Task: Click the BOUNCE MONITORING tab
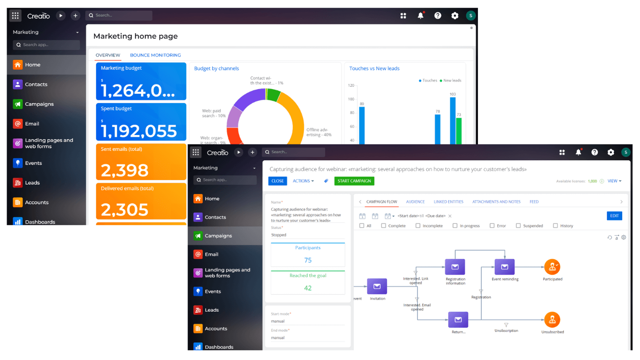[155, 55]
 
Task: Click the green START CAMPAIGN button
[354, 181]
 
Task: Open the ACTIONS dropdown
[303, 181]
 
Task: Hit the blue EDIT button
[614, 216]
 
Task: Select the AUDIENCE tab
[415, 202]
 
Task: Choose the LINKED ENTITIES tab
[448, 202]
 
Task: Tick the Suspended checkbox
[518, 226]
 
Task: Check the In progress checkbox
[455, 226]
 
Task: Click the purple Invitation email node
[377, 286]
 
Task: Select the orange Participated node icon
[552, 267]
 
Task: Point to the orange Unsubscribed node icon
[552, 320]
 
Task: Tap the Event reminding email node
[505, 267]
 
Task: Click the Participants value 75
[308, 260]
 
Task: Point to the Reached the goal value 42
[308, 288]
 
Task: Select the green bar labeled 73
[459, 131]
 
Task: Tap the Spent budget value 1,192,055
[139, 131]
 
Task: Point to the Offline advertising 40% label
[319, 132]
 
